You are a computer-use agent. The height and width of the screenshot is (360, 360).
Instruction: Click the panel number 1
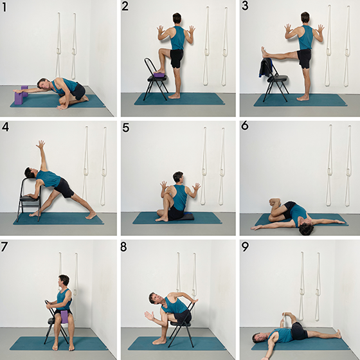(x=4, y=7)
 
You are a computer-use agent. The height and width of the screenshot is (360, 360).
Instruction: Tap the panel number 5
(x=125, y=128)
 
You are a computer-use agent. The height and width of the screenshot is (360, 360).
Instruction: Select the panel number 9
(x=245, y=247)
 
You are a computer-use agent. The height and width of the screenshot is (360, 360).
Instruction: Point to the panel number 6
(x=245, y=126)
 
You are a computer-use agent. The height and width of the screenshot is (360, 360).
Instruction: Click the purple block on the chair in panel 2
(x=159, y=75)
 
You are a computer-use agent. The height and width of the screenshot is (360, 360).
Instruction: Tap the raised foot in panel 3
(x=264, y=52)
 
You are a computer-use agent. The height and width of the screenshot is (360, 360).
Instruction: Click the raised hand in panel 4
(x=40, y=144)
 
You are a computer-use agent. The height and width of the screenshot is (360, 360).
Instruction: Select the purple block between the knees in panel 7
(x=64, y=316)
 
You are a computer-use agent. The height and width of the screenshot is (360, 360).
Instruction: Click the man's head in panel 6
(x=306, y=228)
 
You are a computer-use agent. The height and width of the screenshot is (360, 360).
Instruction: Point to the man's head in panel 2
(x=177, y=18)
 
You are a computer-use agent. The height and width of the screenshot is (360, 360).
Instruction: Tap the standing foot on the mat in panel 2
(x=174, y=96)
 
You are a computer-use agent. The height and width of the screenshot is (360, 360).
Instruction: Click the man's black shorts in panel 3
(x=304, y=59)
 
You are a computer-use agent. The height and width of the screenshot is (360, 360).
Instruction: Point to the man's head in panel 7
(x=64, y=281)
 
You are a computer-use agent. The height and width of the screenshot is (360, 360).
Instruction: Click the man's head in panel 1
(x=44, y=84)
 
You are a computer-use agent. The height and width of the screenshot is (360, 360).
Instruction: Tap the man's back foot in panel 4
(x=91, y=215)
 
